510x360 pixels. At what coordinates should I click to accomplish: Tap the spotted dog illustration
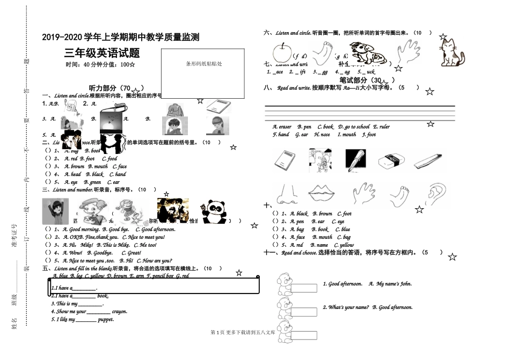(368, 53)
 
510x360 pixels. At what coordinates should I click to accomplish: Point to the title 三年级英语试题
(102, 53)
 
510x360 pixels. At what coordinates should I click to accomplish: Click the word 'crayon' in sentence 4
(120, 312)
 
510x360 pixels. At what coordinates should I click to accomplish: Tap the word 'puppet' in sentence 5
(106, 320)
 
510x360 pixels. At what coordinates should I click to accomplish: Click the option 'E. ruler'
(382, 127)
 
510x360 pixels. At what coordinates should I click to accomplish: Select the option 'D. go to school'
(354, 127)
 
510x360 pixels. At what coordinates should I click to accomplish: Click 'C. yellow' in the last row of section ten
(343, 245)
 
